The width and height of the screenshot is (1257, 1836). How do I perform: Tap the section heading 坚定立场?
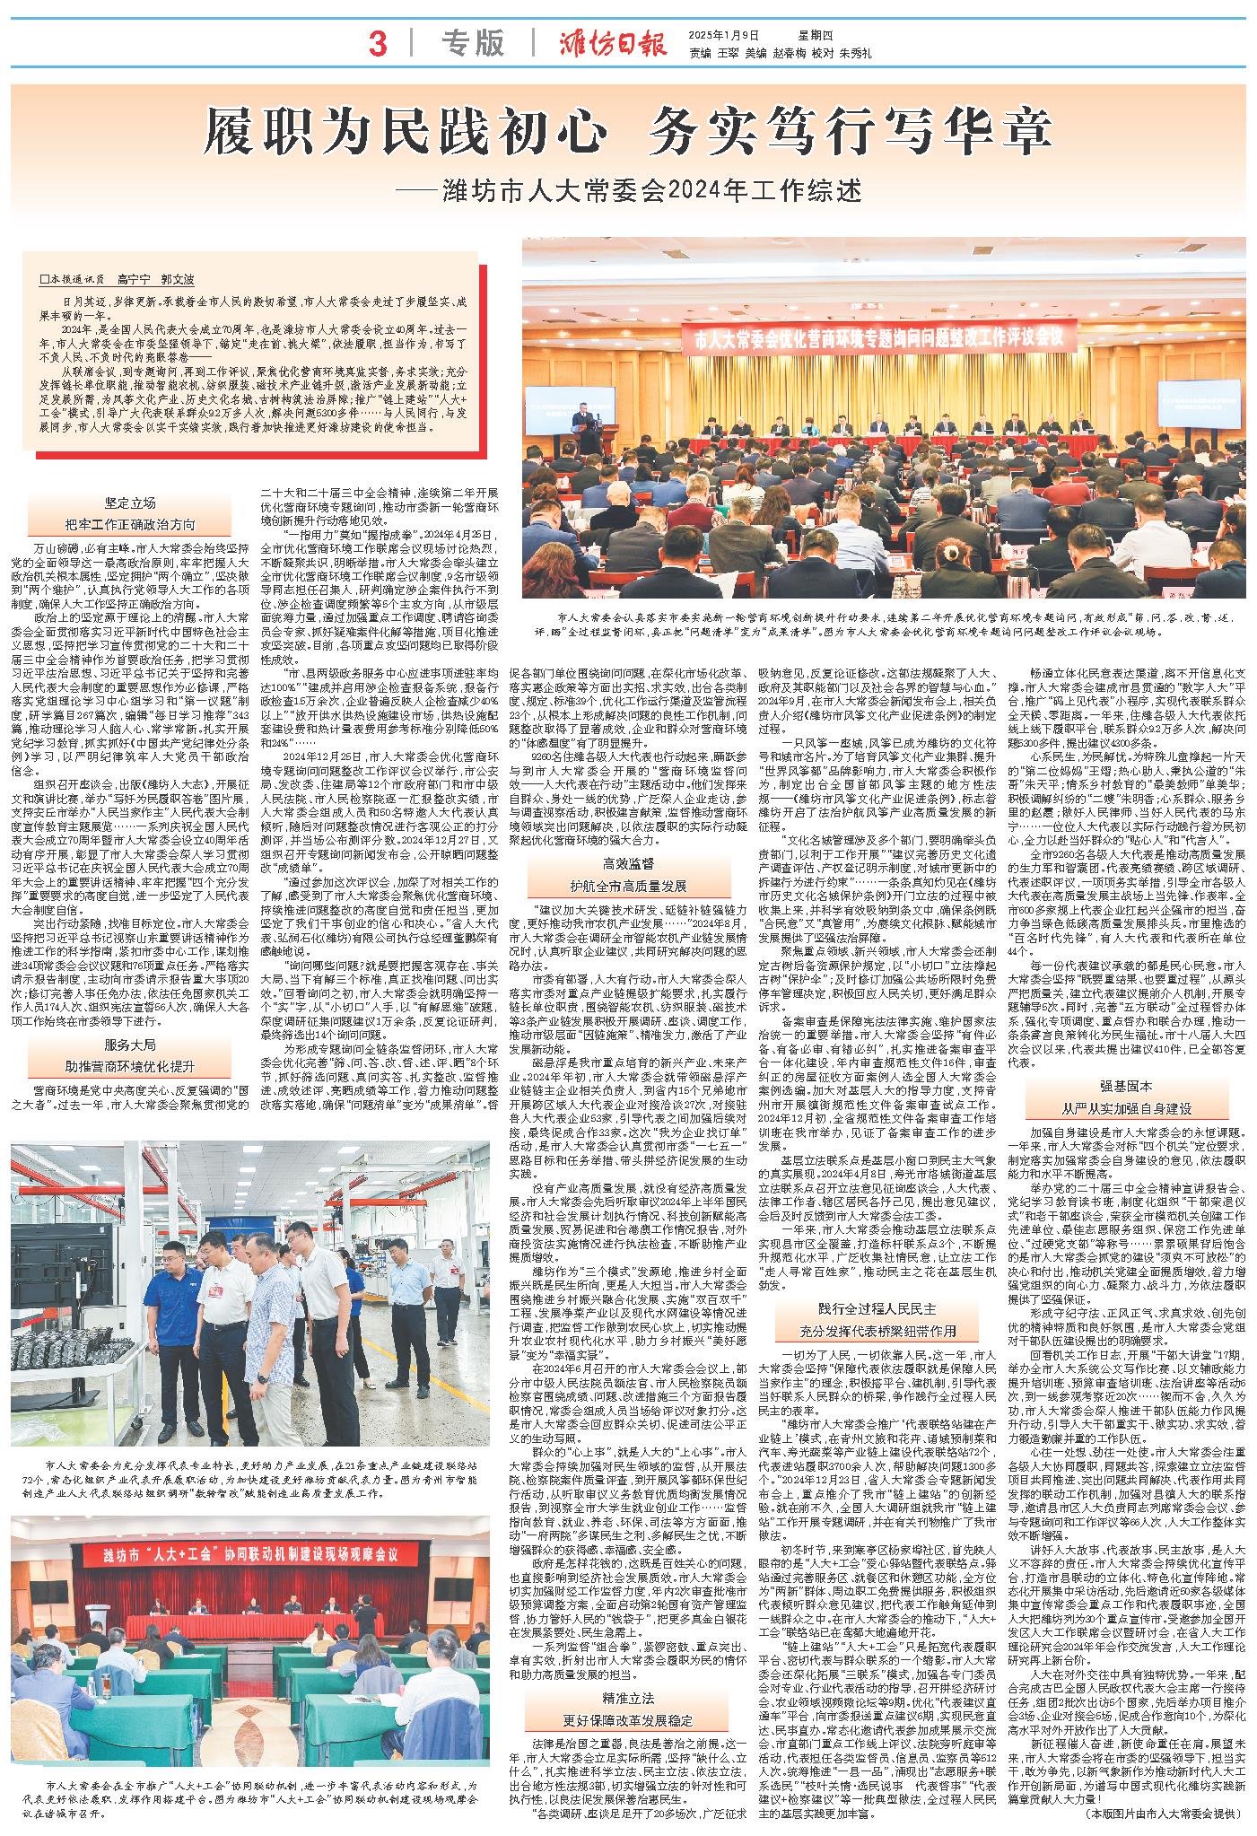pyautogui.click(x=130, y=503)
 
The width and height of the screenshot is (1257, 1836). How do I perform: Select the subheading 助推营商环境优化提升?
pyautogui.click(x=130, y=1067)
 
